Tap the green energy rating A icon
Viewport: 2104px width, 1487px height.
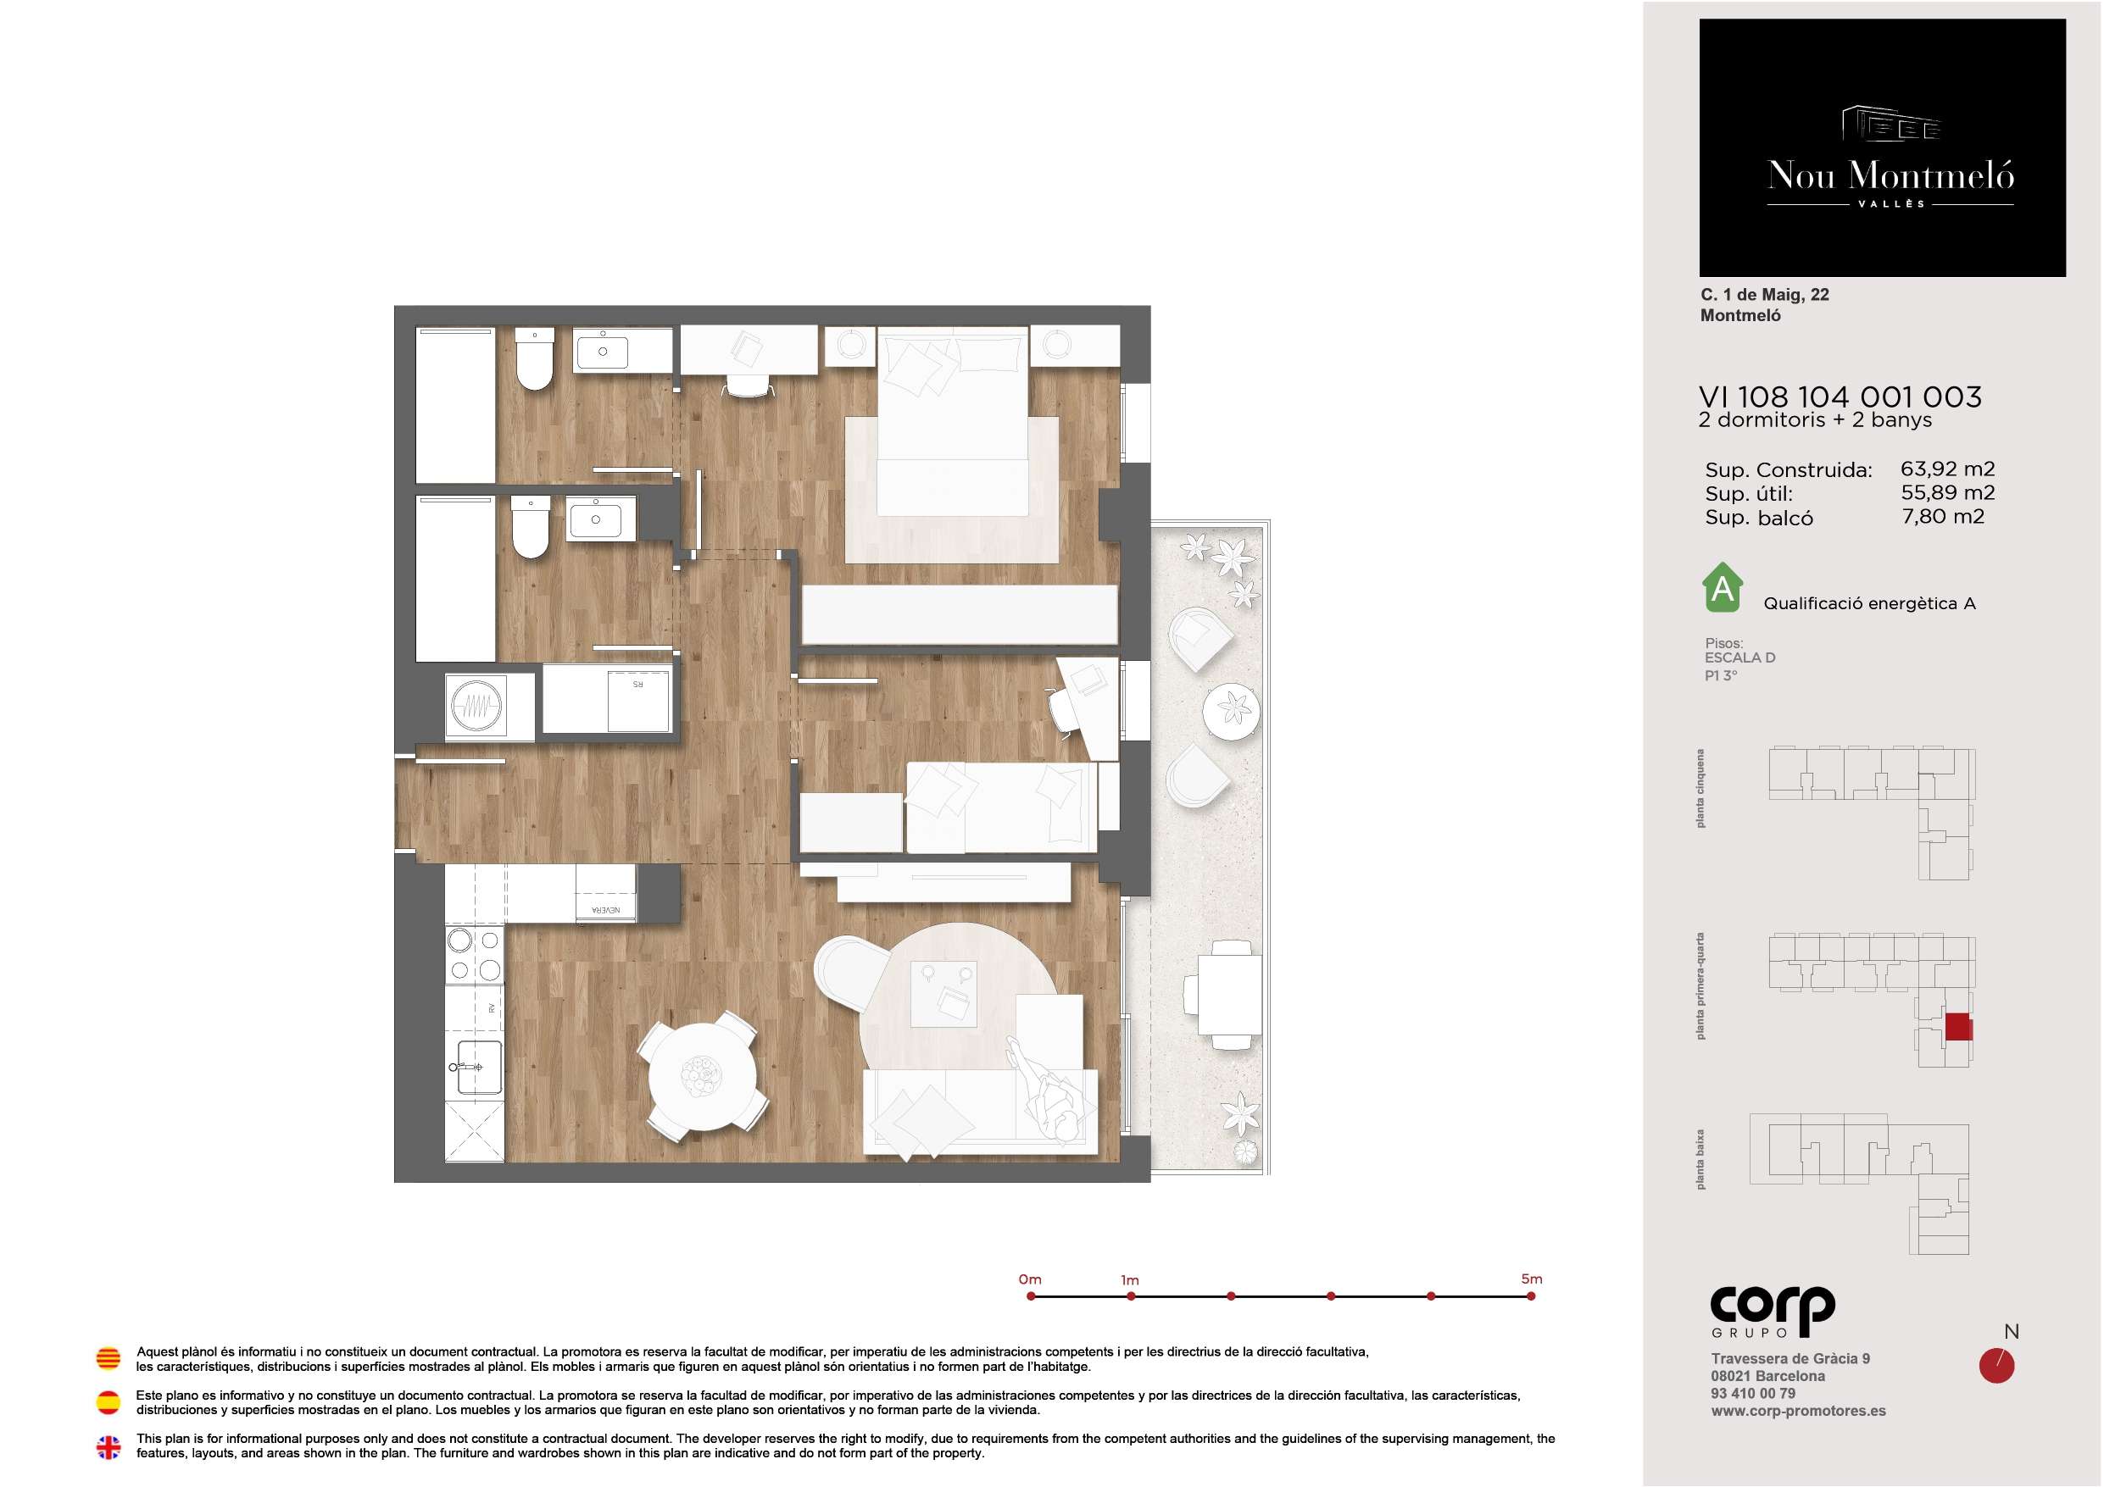coord(1723,587)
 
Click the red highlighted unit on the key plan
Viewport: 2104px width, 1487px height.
coord(1958,1027)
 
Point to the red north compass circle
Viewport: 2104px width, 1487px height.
coord(1997,1366)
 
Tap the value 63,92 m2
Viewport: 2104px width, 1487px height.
coord(1947,469)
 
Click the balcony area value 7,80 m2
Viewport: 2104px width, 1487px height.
coord(1943,517)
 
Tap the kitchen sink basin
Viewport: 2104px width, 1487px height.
coord(478,1068)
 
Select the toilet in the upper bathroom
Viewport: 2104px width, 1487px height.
coord(534,359)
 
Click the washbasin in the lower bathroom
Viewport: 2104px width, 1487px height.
coord(596,519)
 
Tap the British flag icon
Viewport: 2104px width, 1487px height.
coord(109,1446)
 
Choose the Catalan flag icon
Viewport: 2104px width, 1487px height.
coord(109,1358)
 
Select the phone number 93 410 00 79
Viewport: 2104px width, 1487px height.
coord(1753,1394)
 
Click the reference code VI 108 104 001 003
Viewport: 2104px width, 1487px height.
coord(1840,397)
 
